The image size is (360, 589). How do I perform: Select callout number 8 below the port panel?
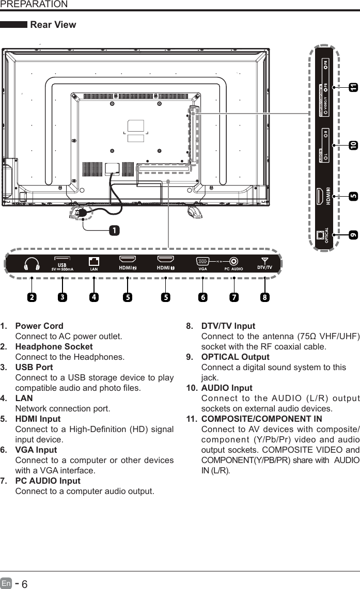pos(264,297)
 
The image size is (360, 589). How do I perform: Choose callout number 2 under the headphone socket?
pos(32,297)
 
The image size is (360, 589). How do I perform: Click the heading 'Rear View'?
pos(53,25)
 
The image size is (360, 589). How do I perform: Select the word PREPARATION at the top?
pos(34,5)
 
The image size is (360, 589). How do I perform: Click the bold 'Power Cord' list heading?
pos(39,326)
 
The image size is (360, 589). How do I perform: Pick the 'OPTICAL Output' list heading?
pos(235,357)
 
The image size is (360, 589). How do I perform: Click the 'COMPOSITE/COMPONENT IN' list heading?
pos(261,419)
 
